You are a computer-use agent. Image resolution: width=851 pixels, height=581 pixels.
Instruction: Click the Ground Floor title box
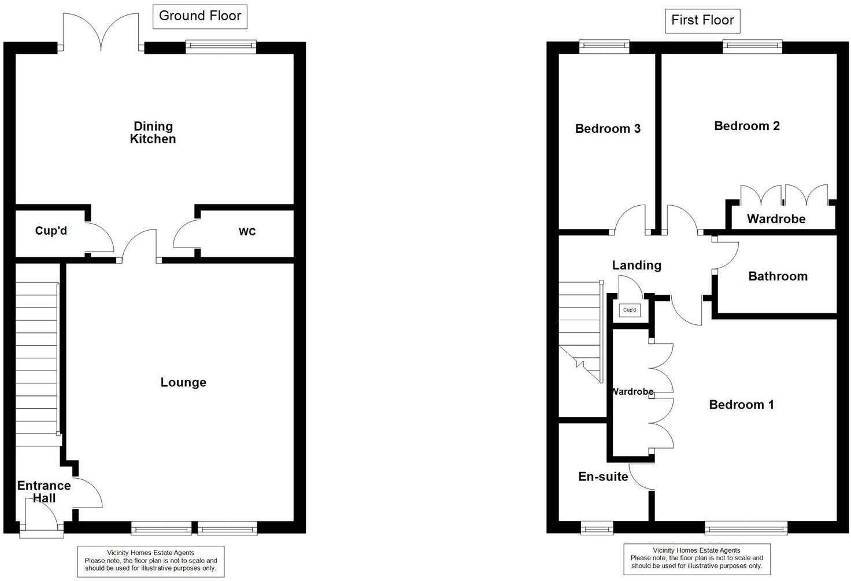(x=199, y=16)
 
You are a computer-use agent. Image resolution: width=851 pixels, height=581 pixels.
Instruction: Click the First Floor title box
(x=702, y=20)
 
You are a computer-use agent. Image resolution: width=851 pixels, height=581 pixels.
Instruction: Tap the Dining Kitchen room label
(x=153, y=132)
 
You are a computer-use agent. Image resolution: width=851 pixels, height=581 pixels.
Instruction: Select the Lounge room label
(x=183, y=382)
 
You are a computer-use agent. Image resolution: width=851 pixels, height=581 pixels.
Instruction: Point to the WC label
(x=247, y=232)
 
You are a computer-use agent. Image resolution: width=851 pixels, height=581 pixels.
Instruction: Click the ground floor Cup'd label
(x=51, y=231)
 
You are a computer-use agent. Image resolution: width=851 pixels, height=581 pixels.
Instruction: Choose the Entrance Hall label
(x=44, y=491)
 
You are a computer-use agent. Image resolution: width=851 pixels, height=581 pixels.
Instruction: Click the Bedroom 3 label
(x=608, y=128)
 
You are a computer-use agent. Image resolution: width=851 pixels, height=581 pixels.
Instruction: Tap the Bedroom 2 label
(x=746, y=126)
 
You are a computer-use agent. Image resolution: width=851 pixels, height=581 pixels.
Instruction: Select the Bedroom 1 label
(x=741, y=405)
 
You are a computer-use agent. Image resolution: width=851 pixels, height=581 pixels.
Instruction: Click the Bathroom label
(x=778, y=276)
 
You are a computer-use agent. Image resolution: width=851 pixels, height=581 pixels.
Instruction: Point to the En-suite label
(x=603, y=476)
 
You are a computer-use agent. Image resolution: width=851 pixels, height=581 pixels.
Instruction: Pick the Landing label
(x=637, y=265)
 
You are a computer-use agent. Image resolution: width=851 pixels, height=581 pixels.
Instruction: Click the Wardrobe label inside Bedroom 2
(x=776, y=219)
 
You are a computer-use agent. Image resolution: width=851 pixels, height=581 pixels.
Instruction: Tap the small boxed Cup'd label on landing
(x=630, y=310)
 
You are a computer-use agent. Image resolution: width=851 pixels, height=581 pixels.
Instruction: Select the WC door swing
(x=185, y=235)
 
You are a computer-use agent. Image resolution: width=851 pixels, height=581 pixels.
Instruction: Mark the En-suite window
(x=596, y=527)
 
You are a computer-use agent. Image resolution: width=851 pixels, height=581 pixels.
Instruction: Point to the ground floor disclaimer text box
(x=151, y=561)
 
